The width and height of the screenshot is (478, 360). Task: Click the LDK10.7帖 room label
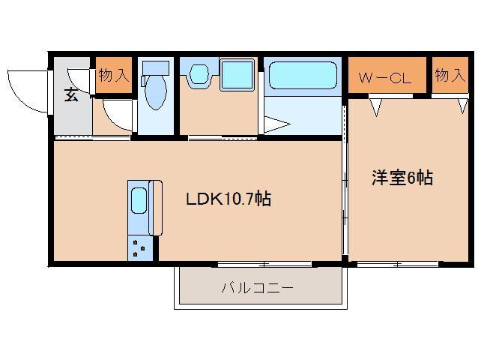229,199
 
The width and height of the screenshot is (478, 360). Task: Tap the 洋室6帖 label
402,178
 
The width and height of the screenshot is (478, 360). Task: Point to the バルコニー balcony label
256,288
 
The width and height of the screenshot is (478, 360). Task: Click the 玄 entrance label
70,95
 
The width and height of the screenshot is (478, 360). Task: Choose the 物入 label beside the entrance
113,76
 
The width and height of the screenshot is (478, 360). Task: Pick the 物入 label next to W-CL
450,76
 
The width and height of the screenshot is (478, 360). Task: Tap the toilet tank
156,68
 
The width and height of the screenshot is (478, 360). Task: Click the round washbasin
199,74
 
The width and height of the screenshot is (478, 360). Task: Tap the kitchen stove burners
139,247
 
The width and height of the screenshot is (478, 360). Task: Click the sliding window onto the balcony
264,264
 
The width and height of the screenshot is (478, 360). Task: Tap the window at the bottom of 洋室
398,264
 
